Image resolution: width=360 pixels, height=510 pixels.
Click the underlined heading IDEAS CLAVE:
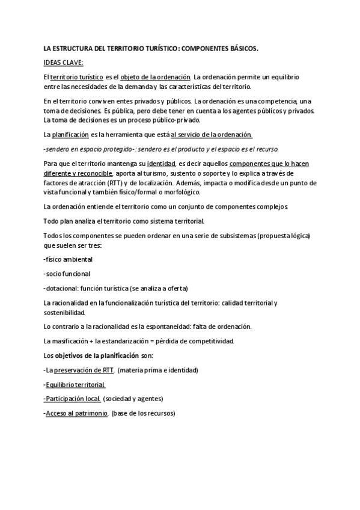pos(63,62)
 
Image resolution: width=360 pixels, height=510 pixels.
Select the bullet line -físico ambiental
pos(68,259)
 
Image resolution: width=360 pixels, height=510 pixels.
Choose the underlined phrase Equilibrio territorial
pos(75,384)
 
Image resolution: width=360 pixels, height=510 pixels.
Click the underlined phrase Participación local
pos(73,399)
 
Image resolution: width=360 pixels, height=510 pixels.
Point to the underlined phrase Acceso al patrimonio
pos(78,413)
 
